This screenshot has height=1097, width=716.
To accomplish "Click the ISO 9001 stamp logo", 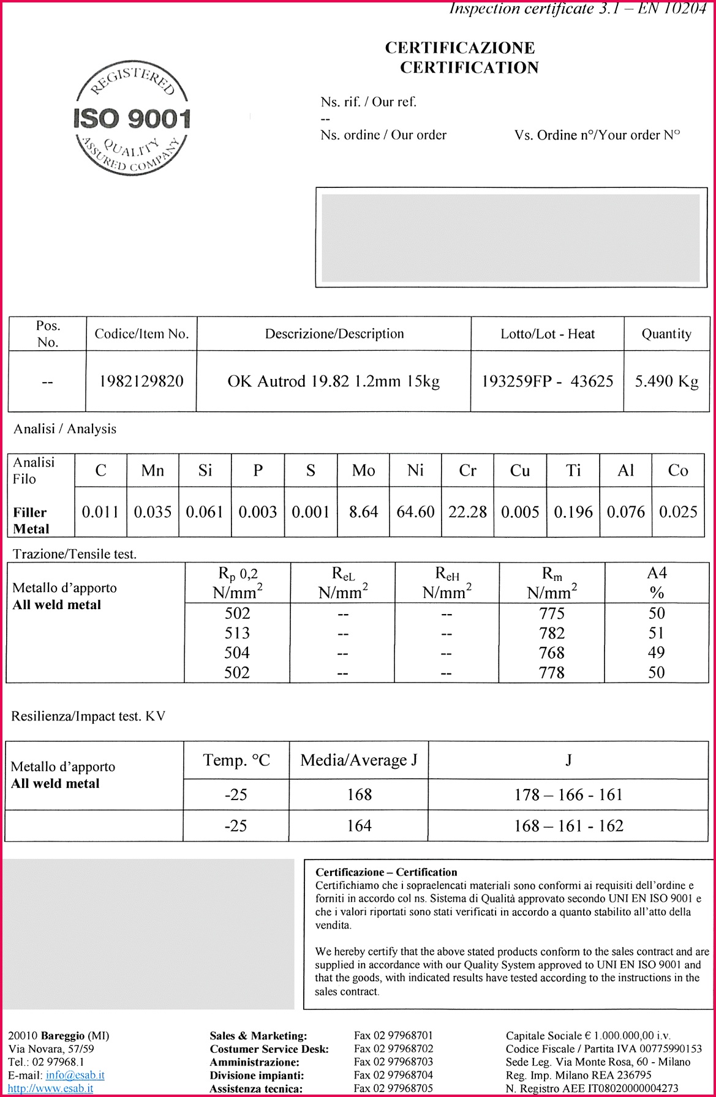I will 132,120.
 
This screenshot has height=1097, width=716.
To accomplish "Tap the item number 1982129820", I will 141,381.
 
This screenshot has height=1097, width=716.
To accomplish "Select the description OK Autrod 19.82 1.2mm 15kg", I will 334,381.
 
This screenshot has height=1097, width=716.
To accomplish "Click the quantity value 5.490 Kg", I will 666,381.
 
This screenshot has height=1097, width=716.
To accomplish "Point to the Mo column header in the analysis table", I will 363,471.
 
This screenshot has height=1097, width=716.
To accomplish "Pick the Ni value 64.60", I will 415,512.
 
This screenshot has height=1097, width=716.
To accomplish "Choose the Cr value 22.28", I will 467,512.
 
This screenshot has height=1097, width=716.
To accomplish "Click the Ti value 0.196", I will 573,512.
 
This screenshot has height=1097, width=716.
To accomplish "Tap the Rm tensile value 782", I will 552,633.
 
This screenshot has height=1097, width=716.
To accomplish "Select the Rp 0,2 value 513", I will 237,633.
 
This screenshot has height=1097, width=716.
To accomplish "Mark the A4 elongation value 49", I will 656,653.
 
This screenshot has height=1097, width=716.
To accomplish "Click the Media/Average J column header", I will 359,760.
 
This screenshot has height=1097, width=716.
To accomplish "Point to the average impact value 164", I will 359,826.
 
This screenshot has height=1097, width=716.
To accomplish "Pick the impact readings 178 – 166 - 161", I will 568,795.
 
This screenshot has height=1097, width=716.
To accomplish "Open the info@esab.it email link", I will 75,1075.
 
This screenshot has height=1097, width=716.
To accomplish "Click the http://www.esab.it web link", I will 51,1088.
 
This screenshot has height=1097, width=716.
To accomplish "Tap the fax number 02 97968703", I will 393,1061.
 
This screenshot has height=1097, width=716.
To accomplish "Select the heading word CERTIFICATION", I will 469,67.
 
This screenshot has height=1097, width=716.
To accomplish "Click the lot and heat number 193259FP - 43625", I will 547,381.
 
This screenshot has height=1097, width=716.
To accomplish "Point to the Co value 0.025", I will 678,512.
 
